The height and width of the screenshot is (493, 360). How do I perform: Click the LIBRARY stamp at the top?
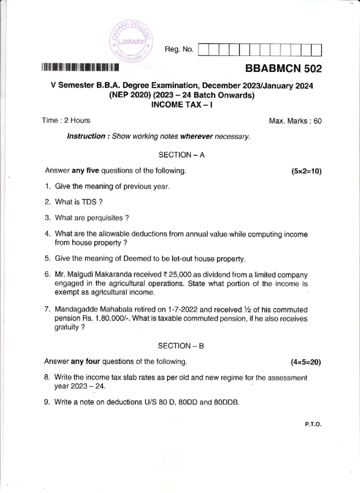(x=131, y=42)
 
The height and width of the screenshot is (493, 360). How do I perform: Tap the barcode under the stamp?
(x=80, y=68)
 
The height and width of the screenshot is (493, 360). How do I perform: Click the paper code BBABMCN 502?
(x=283, y=68)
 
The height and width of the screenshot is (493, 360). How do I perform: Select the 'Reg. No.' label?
(x=179, y=49)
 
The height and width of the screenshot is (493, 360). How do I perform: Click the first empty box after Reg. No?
(x=203, y=50)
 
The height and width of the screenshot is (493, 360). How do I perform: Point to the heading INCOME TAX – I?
(x=182, y=105)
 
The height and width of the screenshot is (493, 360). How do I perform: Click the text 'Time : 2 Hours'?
(x=66, y=120)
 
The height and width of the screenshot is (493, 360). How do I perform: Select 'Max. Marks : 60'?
(x=295, y=121)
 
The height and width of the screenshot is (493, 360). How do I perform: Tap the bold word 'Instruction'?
(x=86, y=136)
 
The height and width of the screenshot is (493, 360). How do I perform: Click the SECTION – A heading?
(x=181, y=155)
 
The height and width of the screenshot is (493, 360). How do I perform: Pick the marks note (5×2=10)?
(x=306, y=171)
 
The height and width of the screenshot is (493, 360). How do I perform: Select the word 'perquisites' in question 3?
(x=105, y=218)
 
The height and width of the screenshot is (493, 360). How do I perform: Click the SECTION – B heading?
(x=181, y=346)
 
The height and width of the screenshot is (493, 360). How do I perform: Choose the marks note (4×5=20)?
(x=306, y=362)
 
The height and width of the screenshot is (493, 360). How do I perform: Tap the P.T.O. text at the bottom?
(x=313, y=425)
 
